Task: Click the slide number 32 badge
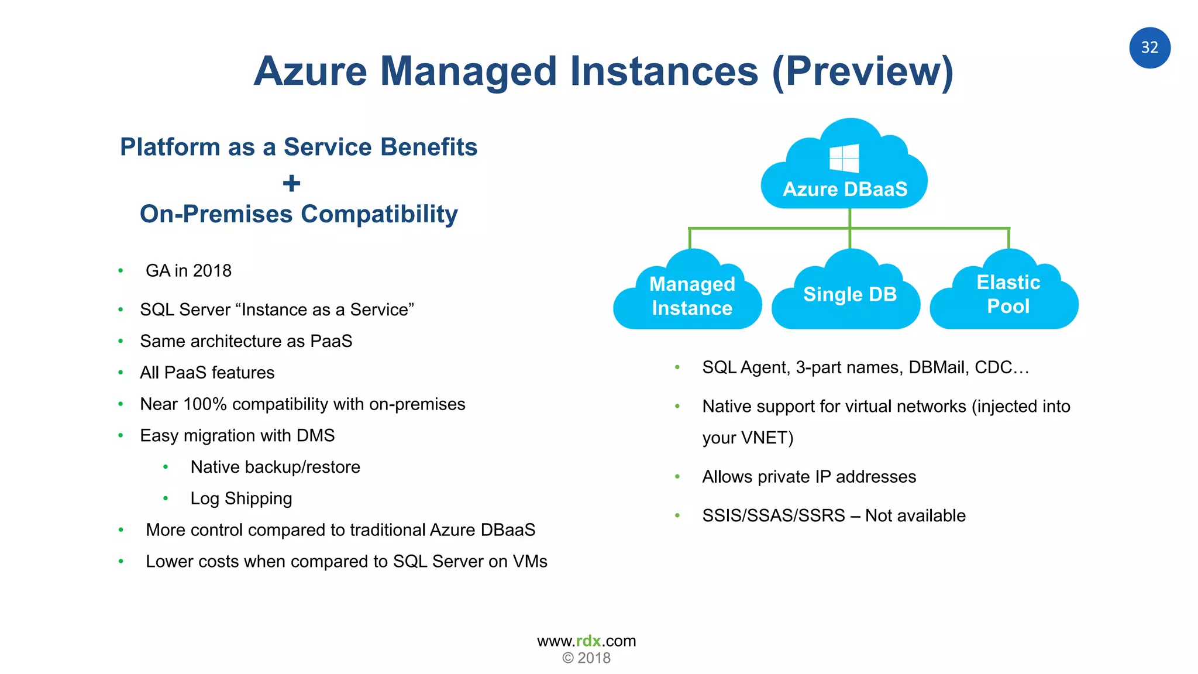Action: tap(1149, 48)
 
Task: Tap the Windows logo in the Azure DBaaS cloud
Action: tap(844, 159)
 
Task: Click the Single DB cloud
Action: tap(849, 294)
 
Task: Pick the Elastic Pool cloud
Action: tap(1008, 294)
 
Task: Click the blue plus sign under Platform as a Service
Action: tap(291, 184)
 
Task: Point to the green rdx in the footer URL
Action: tap(588, 641)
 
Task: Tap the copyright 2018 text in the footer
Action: tap(587, 658)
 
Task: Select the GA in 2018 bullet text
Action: tap(188, 271)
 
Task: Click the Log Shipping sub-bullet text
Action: tap(241, 498)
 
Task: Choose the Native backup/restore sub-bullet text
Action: tap(275, 467)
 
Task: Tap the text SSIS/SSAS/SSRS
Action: tap(773, 515)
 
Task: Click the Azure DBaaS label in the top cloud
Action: tap(845, 189)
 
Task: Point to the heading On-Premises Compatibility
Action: tap(298, 214)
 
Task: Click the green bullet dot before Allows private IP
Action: tap(677, 477)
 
